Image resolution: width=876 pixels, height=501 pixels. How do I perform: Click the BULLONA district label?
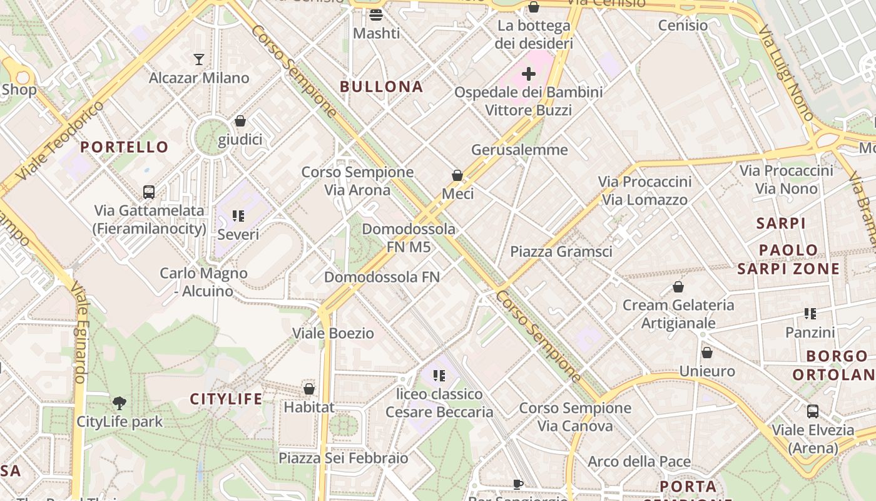tap(381, 86)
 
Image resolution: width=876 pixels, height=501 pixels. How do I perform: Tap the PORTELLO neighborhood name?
tap(125, 147)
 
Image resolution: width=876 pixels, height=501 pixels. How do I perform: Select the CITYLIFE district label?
tap(226, 399)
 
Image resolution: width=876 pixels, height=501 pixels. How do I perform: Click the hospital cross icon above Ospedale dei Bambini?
tap(529, 74)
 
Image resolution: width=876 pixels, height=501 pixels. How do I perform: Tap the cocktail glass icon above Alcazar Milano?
tap(199, 59)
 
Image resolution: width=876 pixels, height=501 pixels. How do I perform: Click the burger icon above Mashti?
tap(376, 14)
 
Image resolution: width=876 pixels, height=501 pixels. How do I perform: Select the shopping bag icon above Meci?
tap(457, 175)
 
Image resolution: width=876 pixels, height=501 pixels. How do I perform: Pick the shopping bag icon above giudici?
tap(240, 121)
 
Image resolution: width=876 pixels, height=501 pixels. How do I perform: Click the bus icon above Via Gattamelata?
tap(149, 192)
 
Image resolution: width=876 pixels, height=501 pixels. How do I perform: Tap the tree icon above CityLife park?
tap(119, 403)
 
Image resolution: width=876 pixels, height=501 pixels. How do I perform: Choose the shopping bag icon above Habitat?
tap(308, 388)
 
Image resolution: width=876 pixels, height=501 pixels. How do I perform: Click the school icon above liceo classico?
tap(439, 376)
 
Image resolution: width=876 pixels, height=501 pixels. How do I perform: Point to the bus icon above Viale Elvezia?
tap(813, 411)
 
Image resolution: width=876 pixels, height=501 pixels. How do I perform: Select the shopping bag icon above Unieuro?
tap(707, 353)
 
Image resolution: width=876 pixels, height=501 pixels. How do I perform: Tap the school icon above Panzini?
tap(810, 314)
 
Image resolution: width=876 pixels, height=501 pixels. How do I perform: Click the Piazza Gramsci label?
tap(561, 252)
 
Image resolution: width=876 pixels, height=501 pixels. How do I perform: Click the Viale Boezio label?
tap(334, 333)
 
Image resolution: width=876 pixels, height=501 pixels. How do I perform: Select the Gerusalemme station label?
tap(519, 150)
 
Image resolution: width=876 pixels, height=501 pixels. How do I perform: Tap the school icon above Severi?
tap(238, 216)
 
